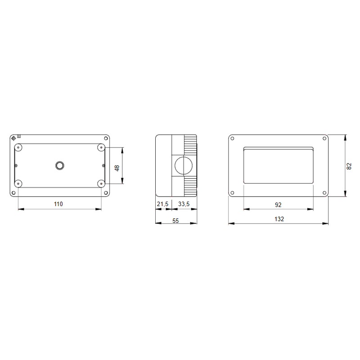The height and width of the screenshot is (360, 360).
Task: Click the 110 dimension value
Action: tap(58, 204)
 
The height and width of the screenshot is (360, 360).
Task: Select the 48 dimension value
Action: tap(117, 168)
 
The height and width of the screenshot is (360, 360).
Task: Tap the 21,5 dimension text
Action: tap(162, 204)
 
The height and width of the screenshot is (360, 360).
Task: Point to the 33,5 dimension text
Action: tap(184, 204)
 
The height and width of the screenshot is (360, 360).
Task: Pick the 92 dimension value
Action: tap(278, 205)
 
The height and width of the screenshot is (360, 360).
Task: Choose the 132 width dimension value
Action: tap(279, 219)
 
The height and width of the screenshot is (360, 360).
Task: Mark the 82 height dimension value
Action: tap(349, 166)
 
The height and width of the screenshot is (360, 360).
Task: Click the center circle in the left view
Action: tap(59, 166)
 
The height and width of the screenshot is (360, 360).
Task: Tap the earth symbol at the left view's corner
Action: tap(13, 137)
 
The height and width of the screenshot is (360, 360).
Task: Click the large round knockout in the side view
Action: tap(183, 166)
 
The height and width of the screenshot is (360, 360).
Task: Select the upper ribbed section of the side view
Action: tap(190, 145)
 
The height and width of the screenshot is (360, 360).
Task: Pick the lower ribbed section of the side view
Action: tap(190, 186)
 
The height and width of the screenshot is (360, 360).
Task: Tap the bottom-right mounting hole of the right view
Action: tap(324, 193)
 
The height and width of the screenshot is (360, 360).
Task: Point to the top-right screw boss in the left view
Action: tap(101, 148)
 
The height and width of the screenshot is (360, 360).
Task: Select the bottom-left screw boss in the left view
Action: tap(18, 184)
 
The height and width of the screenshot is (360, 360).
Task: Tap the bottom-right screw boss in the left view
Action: tap(101, 184)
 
